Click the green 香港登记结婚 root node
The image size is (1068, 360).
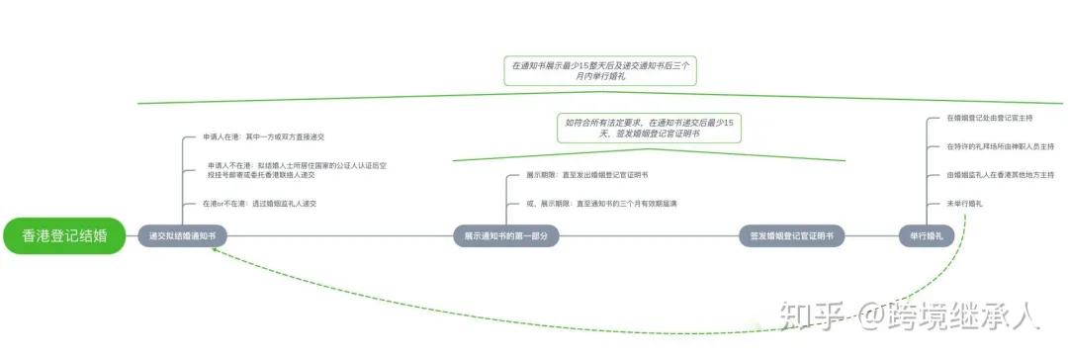(x=64, y=235)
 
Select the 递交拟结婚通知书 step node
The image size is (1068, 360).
(x=182, y=236)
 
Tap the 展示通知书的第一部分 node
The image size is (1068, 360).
(x=505, y=236)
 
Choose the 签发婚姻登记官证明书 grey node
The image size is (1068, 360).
(x=790, y=236)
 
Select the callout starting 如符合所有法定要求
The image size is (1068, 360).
(x=650, y=127)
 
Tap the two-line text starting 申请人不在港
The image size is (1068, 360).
(x=296, y=170)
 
